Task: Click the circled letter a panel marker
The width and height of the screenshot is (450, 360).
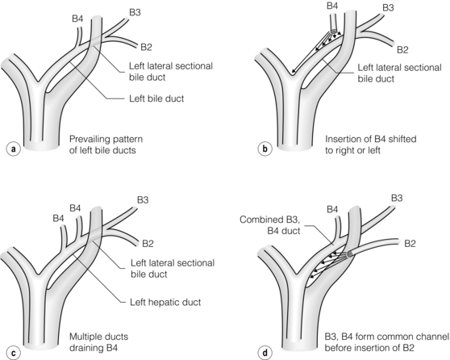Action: (x=13, y=149)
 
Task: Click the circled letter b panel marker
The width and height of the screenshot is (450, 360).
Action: (x=265, y=149)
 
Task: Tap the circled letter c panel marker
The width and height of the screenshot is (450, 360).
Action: (x=13, y=353)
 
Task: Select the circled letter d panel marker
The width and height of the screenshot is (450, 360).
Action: (x=265, y=353)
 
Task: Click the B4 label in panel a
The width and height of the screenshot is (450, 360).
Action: (x=77, y=19)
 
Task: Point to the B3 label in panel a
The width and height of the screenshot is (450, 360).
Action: (x=135, y=13)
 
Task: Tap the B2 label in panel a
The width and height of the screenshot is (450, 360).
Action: (x=146, y=47)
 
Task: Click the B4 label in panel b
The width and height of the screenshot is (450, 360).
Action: (x=332, y=6)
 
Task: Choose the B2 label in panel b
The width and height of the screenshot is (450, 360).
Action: (x=402, y=50)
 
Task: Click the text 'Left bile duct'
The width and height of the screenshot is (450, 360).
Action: (x=156, y=98)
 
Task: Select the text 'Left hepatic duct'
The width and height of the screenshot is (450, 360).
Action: (x=165, y=302)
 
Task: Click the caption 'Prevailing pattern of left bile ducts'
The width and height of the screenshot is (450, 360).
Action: (x=106, y=144)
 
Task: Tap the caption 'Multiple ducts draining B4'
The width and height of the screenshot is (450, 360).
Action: (x=98, y=342)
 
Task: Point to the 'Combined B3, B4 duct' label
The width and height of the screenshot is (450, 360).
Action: (x=270, y=225)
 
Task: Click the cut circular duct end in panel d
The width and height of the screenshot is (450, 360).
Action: (x=350, y=254)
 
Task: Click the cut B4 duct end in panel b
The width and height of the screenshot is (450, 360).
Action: (x=334, y=31)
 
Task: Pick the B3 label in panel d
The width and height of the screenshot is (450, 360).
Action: (x=397, y=198)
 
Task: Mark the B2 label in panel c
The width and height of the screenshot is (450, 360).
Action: (x=148, y=244)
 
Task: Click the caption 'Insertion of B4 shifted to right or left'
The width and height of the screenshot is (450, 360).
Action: (x=371, y=144)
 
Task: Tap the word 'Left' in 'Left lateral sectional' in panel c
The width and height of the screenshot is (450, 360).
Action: (x=139, y=263)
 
